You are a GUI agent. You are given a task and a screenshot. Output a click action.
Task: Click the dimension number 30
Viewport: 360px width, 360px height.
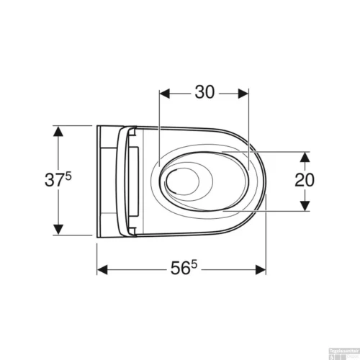coord(204,93)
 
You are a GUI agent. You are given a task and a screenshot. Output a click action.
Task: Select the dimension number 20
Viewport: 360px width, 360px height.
coord(305,180)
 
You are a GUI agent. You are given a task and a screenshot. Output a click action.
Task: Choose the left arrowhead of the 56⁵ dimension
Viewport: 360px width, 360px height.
coord(102,270)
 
